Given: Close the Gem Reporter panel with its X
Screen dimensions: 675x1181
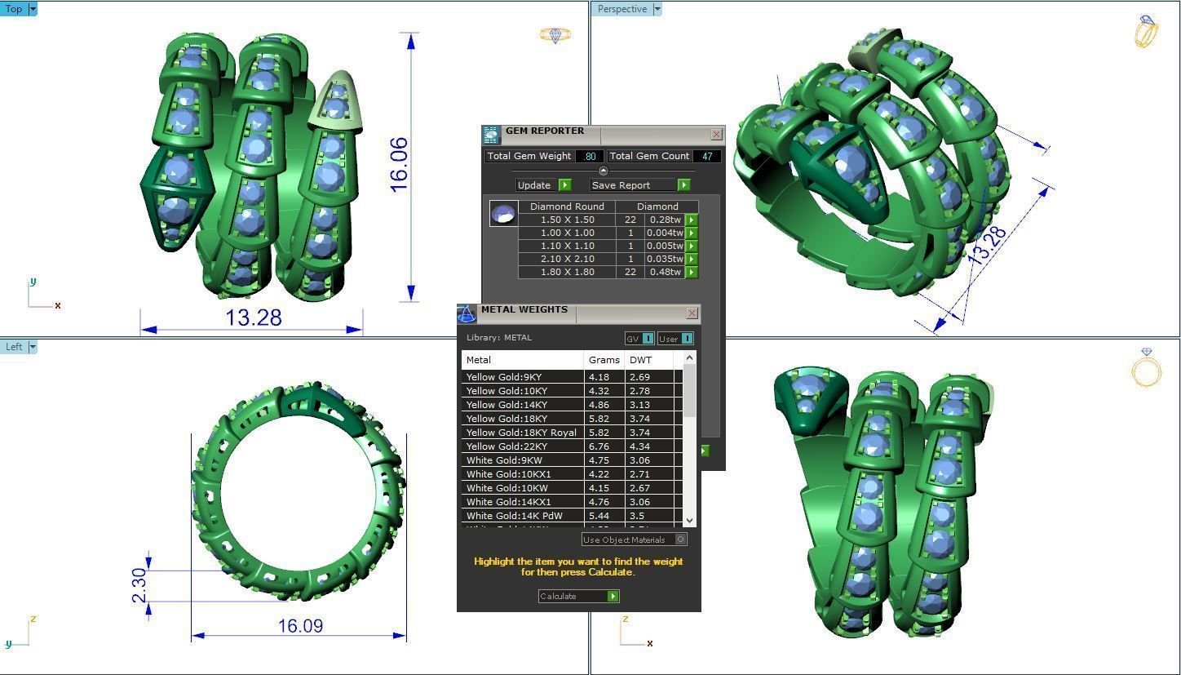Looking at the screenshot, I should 716,134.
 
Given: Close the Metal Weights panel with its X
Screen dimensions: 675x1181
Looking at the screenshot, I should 692,313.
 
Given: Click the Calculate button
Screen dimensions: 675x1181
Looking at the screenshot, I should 578,596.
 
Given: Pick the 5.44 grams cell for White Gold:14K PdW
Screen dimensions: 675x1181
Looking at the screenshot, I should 604,516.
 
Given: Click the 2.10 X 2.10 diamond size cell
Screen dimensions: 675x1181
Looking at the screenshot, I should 567,259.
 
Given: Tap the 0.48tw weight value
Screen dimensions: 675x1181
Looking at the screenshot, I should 665,272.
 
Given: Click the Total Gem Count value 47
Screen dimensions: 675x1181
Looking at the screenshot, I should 706,156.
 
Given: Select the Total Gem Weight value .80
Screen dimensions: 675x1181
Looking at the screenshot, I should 590,156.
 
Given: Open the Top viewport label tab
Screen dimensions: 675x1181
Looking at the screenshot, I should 14,9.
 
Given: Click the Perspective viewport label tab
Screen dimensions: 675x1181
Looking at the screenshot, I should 621,9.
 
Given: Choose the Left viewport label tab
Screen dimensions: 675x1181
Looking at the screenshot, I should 14,347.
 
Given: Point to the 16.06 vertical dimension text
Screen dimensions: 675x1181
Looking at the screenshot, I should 399,165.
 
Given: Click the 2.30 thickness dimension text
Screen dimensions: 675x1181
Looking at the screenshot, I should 139,585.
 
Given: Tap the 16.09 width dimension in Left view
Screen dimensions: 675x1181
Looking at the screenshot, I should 300,626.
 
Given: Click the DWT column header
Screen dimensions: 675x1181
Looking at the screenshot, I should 641,360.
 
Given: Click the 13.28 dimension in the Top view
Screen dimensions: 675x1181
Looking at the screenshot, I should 254,318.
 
